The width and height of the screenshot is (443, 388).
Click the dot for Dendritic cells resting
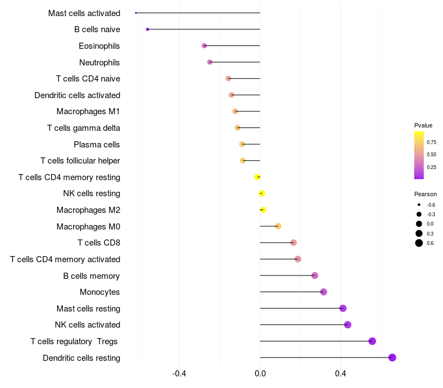pyautogui.click(x=392, y=358)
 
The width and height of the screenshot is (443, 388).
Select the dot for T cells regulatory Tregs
pyautogui.click(x=372, y=341)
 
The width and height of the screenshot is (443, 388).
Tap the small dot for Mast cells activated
pyautogui.click(x=136, y=13)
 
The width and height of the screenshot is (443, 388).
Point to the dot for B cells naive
pyautogui.click(x=147, y=29)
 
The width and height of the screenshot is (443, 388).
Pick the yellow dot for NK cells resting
pyautogui.click(x=262, y=193)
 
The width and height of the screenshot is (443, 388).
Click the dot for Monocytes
pyautogui.click(x=323, y=292)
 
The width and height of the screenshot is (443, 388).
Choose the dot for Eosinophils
pyautogui.click(x=204, y=45)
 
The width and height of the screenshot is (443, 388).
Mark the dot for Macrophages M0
pyautogui.click(x=278, y=226)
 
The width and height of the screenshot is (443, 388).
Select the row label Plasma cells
pyautogui.click(x=97, y=145)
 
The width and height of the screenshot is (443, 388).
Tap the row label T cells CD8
pyautogui.click(x=99, y=243)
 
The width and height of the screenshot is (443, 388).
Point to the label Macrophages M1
pyautogui.click(x=89, y=111)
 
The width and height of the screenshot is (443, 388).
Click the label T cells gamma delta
pyautogui.click(x=84, y=128)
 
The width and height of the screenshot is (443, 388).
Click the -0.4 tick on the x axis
pyautogui.click(x=179, y=374)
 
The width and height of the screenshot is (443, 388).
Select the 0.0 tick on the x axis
pyautogui.click(x=260, y=374)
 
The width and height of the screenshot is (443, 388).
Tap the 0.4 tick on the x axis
pyautogui.click(x=341, y=374)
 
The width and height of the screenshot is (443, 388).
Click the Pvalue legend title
pyautogui.click(x=423, y=125)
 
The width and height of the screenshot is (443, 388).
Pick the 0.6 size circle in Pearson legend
pyautogui.click(x=419, y=243)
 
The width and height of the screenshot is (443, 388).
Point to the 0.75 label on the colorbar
pyautogui.click(x=431, y=142)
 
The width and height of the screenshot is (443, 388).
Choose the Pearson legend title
pyautogui.click(x=425, y=195)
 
